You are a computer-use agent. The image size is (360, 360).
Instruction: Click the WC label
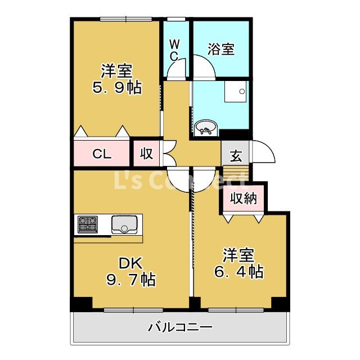tap(174, 50)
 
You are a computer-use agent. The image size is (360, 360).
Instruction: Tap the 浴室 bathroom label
tap(220, 49)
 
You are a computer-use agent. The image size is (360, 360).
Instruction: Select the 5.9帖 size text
tap(116, 88)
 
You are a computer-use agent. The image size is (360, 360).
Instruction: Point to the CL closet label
tap(102, 154)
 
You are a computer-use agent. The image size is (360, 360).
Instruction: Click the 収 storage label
tap(147, 154)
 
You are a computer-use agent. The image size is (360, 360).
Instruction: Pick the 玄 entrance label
tap(236, 156)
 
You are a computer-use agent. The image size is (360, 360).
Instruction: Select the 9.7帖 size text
tap(131, 279)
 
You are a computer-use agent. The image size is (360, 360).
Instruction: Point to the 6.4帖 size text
tap(239, 272)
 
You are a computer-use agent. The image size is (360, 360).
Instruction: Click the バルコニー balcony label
tap(180, 327)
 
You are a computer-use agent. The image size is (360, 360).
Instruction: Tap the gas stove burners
tap(87, 224)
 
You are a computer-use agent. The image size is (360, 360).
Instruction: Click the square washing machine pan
tap(236, 91)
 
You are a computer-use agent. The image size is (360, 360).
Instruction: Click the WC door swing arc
tap(178, 70)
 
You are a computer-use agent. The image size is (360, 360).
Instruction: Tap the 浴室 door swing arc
tap(204, 67)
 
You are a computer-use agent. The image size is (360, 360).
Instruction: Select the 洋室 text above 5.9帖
tap(116, 71)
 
